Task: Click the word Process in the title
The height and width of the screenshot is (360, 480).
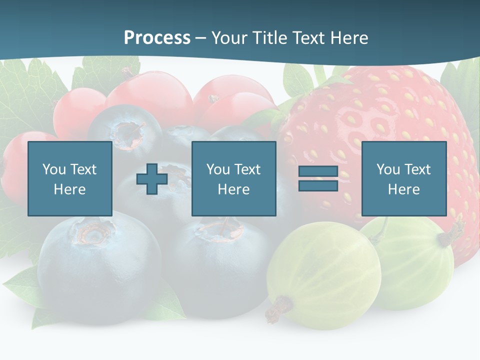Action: coord(157,38)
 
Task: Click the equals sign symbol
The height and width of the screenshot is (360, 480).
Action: coord(318,178)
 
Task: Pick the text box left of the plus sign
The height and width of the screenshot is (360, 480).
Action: coord(70,178)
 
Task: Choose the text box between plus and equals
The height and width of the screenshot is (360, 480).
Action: coord(234,178)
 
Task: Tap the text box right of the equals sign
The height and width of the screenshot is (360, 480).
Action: coord(404,178)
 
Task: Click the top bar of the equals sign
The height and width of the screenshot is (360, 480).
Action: coord(318,171)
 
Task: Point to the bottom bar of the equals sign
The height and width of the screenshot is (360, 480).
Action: coord(318,185)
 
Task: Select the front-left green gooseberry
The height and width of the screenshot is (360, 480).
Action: coord(322,275)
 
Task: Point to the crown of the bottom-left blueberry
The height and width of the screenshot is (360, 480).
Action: coord(92,232)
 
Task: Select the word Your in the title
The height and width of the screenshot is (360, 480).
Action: coord(230,38)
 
